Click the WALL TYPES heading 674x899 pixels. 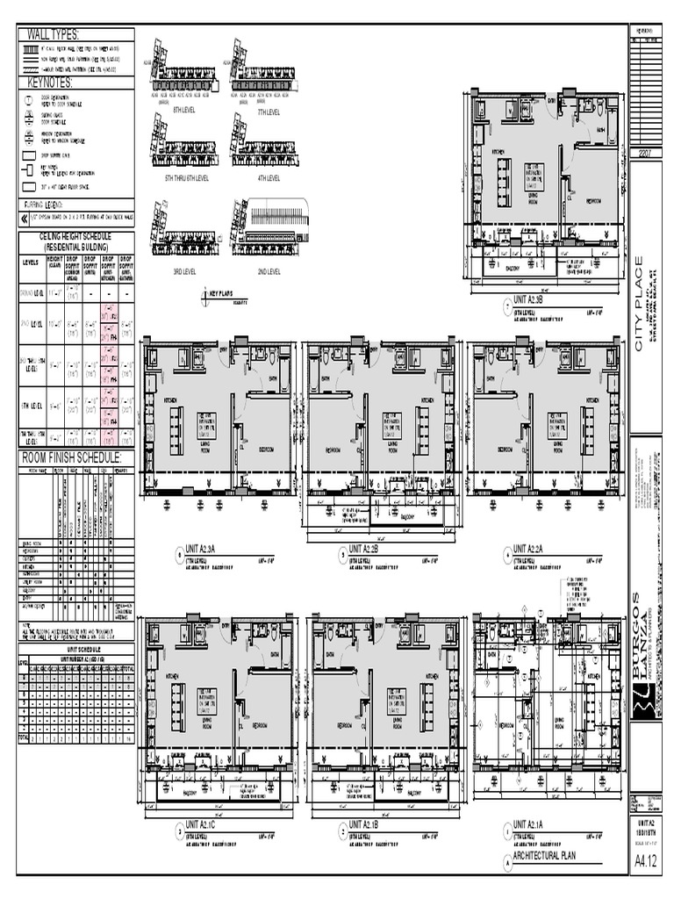tap(53, 34)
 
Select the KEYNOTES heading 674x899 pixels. tap(50, 83)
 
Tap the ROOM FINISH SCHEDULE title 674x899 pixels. tap(71, 458)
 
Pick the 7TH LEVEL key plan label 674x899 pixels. tap(268, 112)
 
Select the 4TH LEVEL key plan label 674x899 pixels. tap(268, 177)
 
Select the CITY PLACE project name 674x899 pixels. tap(640, 303)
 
